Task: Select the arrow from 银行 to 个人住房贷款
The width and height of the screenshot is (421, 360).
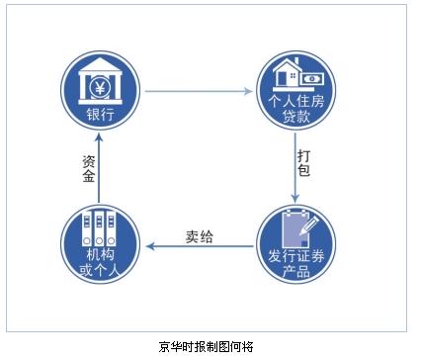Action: (198, 91)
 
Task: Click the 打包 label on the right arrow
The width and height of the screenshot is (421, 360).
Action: (304, 163)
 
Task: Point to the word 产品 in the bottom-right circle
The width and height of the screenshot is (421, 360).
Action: (296, 273)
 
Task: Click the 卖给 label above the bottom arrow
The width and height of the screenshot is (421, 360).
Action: (200, 235)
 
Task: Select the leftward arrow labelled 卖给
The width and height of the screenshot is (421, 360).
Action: (198, 247)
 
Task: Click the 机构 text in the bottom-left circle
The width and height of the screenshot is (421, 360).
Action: (99, 256)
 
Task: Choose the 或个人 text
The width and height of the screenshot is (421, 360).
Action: (99, 272)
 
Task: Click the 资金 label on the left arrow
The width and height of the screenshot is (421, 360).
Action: (88, 168)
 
